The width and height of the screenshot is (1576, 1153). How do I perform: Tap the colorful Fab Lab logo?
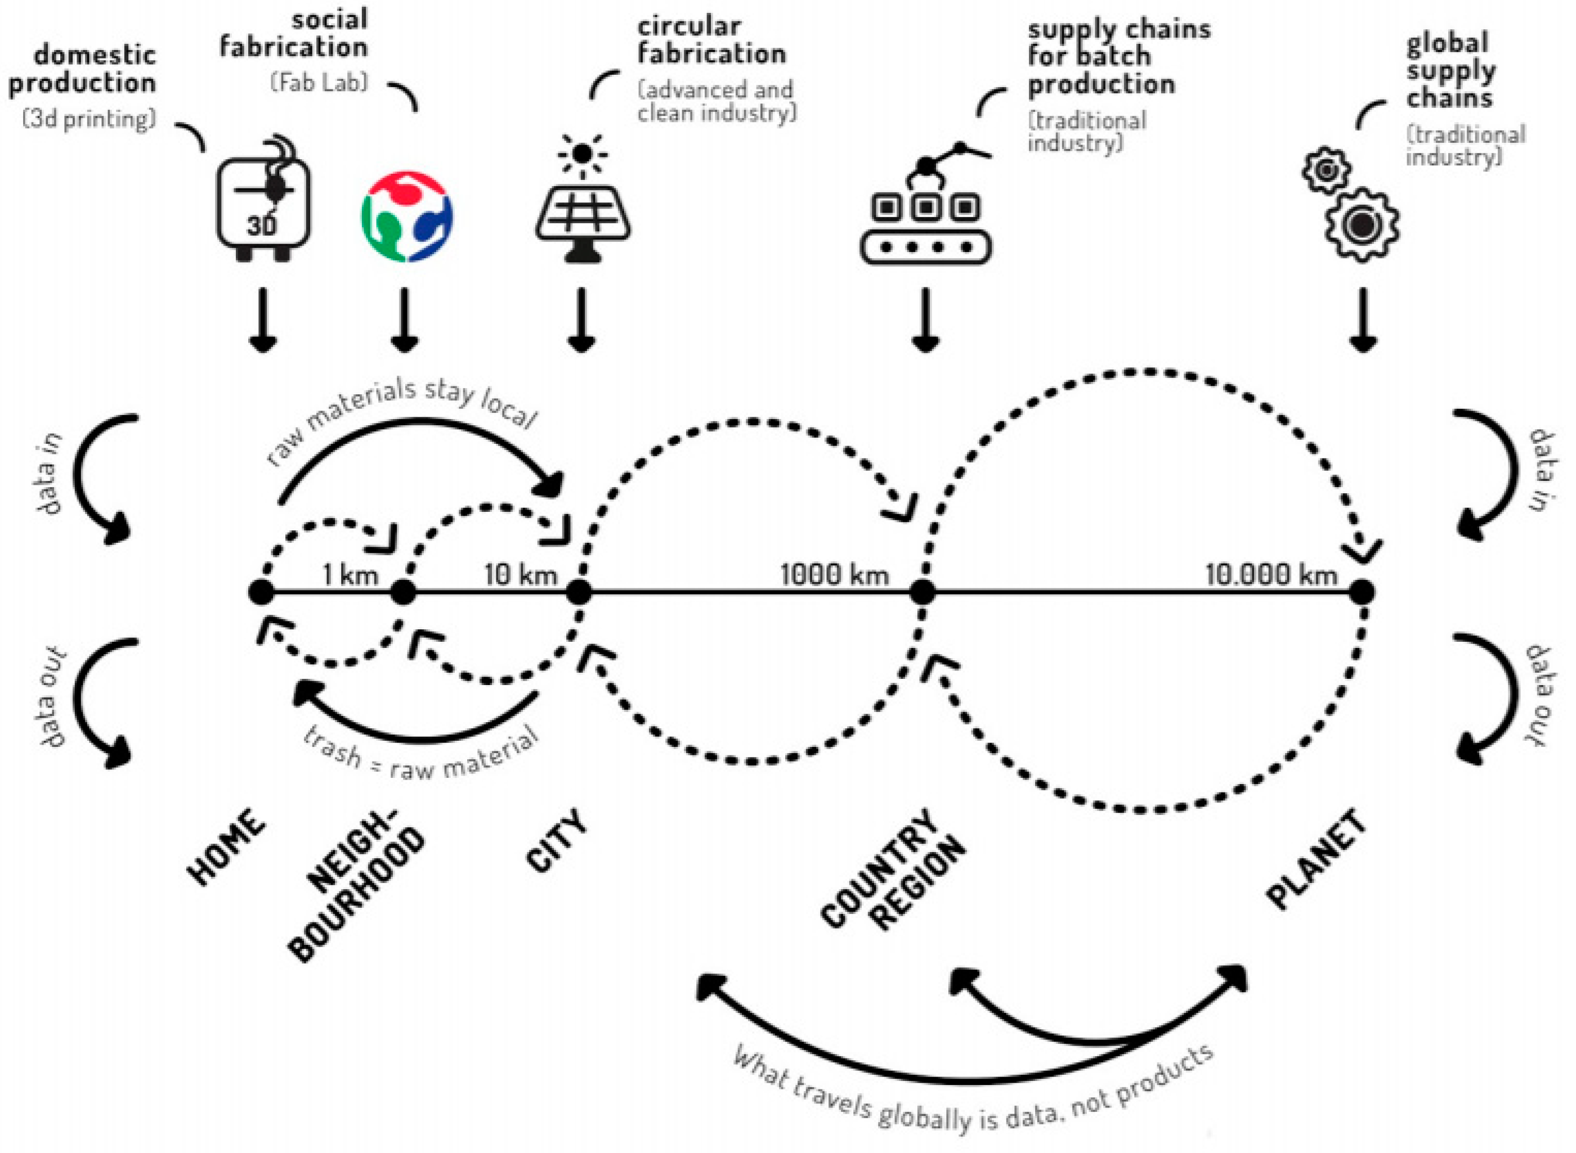406,217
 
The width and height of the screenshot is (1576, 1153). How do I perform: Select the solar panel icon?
583,220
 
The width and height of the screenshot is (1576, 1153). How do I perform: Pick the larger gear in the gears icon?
1361,225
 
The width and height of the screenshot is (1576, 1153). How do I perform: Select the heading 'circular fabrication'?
711,40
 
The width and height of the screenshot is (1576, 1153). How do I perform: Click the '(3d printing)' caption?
89,119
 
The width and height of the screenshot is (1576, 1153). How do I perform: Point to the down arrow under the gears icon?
1362,321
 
